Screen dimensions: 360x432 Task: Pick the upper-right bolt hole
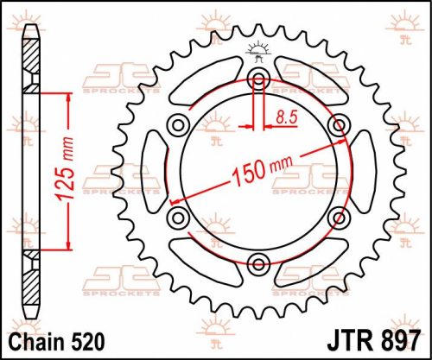coord(338,126)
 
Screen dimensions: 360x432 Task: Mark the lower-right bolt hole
coord(338,217)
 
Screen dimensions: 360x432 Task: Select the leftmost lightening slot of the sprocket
coord(151,171)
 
